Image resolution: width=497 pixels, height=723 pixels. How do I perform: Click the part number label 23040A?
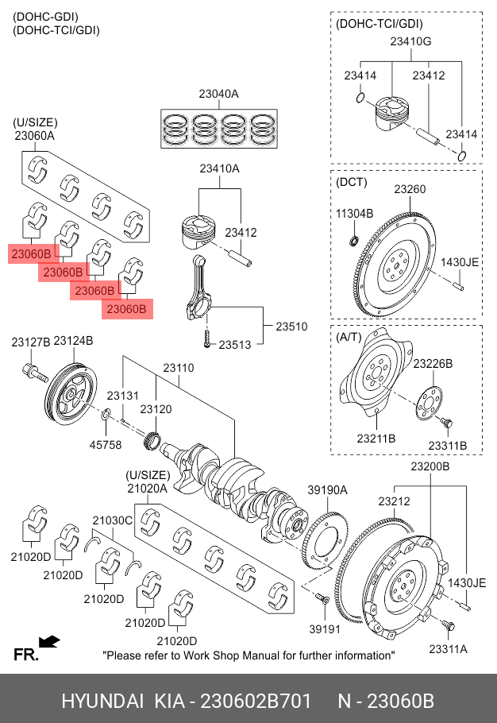(218, 94)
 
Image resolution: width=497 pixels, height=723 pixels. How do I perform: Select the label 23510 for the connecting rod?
(291, 326)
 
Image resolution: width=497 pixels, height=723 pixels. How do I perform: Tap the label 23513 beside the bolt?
(235, 345)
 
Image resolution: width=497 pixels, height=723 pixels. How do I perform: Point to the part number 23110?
(179, 368)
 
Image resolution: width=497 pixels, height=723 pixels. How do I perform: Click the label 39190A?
(328, 490)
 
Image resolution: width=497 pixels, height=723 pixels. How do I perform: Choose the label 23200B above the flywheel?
(430, 466)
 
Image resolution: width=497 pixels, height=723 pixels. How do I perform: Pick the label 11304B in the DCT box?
(354, 214)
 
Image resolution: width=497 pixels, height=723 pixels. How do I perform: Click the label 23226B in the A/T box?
(433, 363)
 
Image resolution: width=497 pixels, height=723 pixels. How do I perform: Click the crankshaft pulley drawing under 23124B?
(70, 392)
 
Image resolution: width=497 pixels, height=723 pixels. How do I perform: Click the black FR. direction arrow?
(50, 640)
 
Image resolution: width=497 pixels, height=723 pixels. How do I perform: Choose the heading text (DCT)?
(353, 182)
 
